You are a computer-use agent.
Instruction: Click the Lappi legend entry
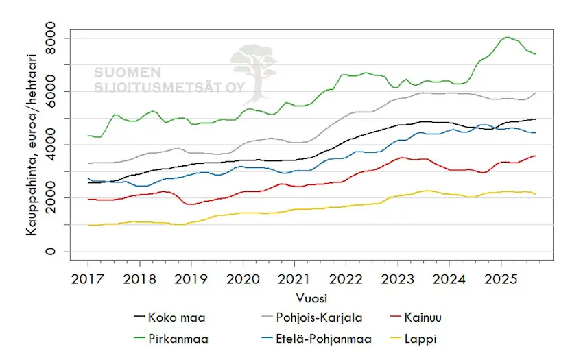pos(442,338)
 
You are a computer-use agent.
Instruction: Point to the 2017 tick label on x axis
pos(88,280)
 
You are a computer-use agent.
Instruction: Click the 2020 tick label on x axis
pos(242,280)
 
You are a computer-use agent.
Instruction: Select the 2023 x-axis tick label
pos(397,280)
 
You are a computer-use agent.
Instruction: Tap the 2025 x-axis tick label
pos(500,280)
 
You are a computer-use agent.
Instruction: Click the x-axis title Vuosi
pos(311,298)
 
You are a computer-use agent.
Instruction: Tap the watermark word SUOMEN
pos(128,72)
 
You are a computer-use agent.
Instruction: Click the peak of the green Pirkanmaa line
pos(507,37)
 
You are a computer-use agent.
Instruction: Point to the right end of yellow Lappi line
pos(535,194)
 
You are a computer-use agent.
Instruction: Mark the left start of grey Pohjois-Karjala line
pos(88,163)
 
